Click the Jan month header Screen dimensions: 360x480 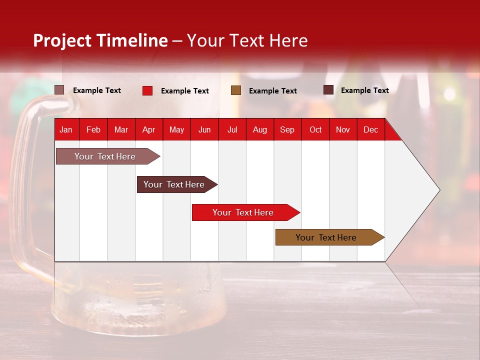(66, 129)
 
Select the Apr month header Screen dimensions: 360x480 (149, 129)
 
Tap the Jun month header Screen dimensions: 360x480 (204, 129)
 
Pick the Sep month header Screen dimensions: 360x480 (287, 129)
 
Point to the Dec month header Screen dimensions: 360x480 (370, 129)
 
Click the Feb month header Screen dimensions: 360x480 (93, 129)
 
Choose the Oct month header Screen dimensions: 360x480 (315, 129)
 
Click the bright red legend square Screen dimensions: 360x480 (147, 90)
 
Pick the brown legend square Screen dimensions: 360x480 (236, 90)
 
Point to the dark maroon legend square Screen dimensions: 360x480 (328, 90)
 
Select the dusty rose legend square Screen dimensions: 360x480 (59, 90)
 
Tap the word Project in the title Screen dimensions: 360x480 (62, 40)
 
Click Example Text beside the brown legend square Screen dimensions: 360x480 (273, 91)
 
